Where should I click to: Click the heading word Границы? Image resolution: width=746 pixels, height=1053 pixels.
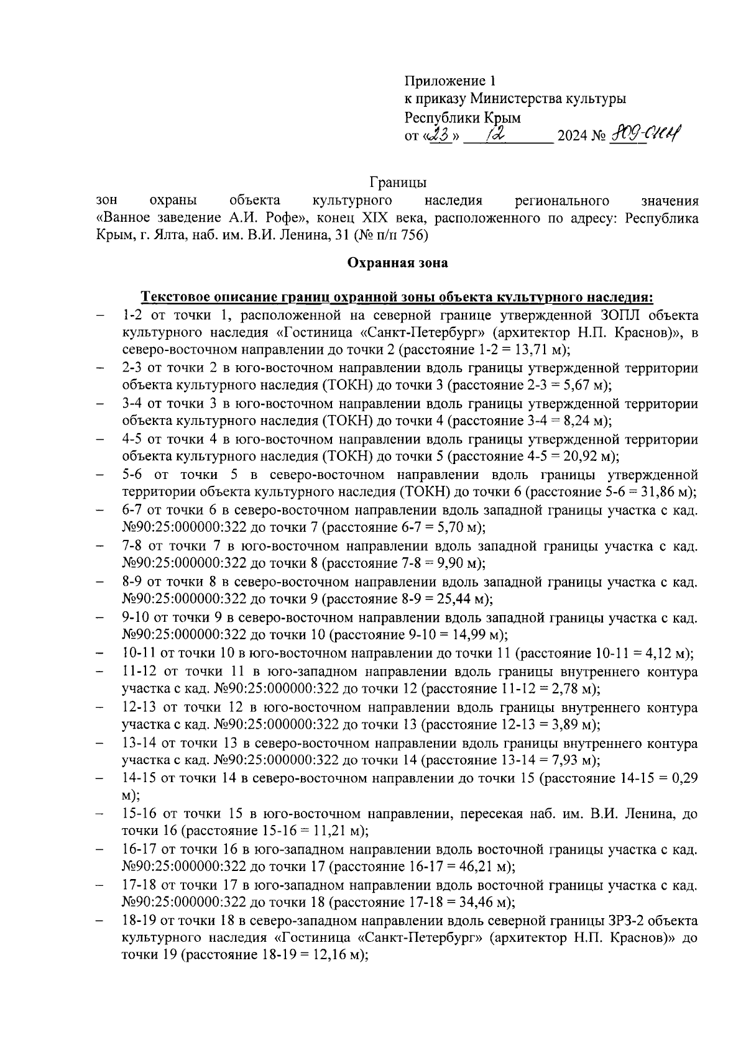coord(397,183)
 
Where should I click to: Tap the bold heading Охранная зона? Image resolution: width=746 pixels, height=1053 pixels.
coord(397,263)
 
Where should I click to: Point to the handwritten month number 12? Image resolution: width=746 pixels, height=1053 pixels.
coord(497,134)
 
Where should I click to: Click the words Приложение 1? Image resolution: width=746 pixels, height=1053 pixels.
coord(451,81)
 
